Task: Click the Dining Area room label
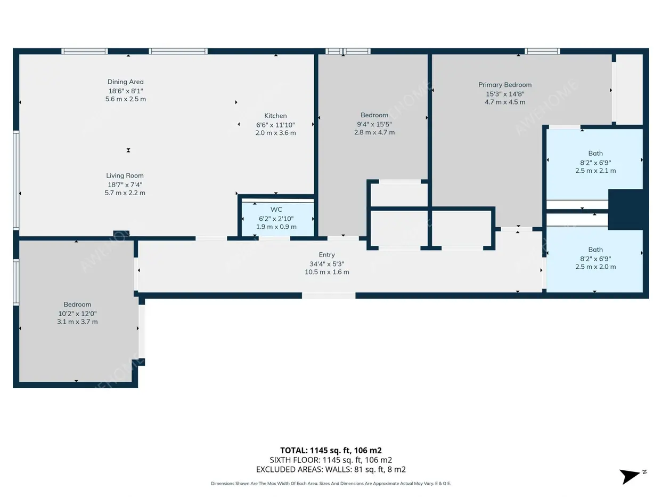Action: [x=126, y=82]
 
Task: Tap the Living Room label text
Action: [x=125, y=175]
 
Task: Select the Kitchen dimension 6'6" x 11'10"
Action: [x=275, y=125]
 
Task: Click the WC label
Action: [x=276, y=210]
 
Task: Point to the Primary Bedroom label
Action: [x=505, y=85]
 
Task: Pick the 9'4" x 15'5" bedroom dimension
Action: [x=374, y=124]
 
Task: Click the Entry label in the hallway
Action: [x=327, y=255]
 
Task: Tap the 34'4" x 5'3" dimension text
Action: [x=327, y=264]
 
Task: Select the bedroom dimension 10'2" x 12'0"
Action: [x=78, y=314]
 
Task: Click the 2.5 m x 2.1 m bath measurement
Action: [x=595, y=171]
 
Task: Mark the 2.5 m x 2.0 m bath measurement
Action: [x=595, y=267]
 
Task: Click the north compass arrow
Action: [x=630, y=476]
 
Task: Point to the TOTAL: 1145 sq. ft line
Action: [x=331, y=450]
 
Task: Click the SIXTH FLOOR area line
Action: [x=331, y=460]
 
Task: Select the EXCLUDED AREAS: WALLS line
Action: [x=331, y=469]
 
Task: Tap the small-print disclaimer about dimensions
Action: [x=331, y=484]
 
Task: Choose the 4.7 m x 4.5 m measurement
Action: [x=505, y=102]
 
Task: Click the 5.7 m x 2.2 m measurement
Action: [x=125, y=193]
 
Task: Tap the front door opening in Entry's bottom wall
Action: [x=329, y=295]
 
